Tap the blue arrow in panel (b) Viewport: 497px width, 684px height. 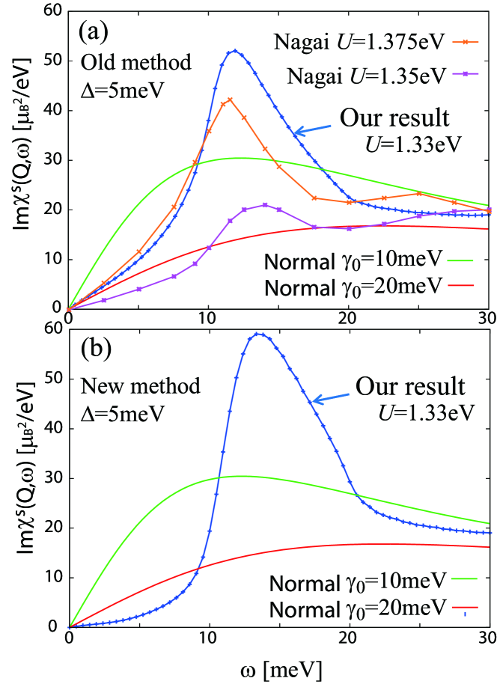330,394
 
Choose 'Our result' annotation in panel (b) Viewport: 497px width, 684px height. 410,387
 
